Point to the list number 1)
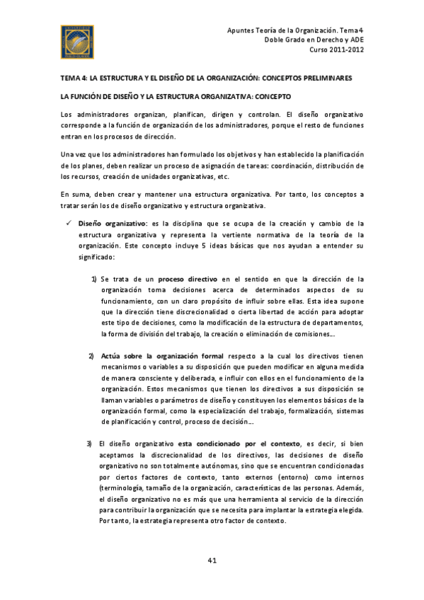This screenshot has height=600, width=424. pos(93,279)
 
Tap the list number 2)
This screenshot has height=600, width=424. pos(91,355)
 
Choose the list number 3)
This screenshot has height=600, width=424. pos(90,443)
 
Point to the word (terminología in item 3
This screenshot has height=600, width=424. pos(125,488)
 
